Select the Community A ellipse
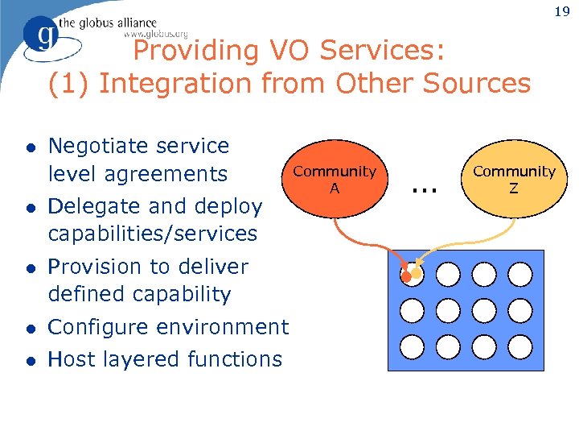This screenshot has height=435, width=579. [x=334, y=179]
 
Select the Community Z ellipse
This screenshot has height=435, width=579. [x=514, y=179]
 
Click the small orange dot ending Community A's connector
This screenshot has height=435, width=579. [x=407, y=278]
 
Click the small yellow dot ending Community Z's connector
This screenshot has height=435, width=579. [x=417, y=274]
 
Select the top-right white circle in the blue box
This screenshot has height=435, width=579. [x=520, y=274]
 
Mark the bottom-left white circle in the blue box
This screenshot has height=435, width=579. [x=412, y=346]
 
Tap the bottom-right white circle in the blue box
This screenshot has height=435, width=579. [x=520, y=346]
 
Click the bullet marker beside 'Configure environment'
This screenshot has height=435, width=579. [x=29, y=328]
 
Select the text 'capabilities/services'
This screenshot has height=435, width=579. [x=153, y=234]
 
